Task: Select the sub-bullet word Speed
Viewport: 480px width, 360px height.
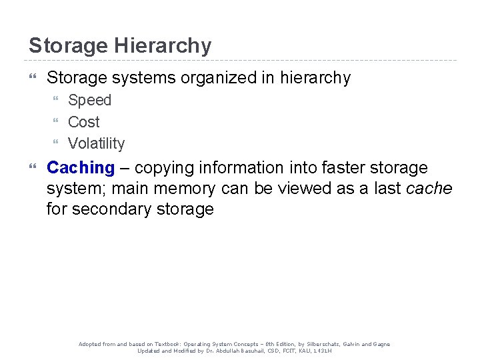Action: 89,101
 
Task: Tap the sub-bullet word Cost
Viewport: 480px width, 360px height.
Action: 83,122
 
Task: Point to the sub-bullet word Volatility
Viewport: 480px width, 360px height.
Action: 96,143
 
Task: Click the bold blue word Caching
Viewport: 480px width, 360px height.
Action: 81,167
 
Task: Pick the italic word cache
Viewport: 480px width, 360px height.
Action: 429,189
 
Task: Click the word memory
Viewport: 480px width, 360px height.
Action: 184,189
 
